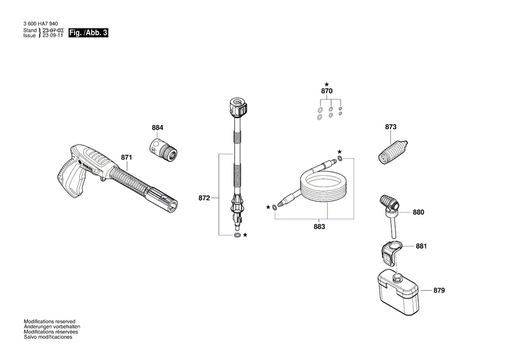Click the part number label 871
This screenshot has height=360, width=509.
(126, 158)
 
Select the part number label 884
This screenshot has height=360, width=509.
(157, 128)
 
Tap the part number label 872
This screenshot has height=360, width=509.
(204, 198)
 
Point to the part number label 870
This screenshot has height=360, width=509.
(326, 91)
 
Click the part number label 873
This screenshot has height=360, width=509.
(390, 127)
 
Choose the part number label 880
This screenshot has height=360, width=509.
(418, 213)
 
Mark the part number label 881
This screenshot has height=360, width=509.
(421, 246)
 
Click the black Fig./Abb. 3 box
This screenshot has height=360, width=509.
(88, 33)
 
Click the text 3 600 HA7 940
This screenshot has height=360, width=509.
(41, 22)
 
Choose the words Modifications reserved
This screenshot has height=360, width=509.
(50, 321)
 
